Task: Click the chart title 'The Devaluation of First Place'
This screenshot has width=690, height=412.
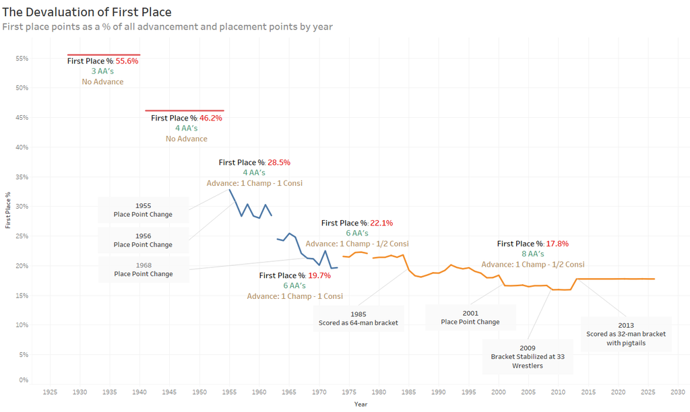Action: click(87, 12)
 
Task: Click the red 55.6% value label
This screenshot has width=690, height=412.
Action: click(127, 61)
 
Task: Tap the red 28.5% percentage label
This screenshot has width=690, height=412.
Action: click(278, 162)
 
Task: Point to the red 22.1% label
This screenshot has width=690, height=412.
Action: click(381, 223)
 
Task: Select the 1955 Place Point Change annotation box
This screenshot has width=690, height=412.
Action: click(143, 210)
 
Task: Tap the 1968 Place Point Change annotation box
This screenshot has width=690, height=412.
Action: click(144, 269)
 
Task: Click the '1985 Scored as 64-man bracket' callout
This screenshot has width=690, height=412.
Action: click(358, 318)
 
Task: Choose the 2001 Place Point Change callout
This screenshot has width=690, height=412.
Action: click(470, 317)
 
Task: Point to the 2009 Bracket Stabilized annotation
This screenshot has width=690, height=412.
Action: click(528, 356)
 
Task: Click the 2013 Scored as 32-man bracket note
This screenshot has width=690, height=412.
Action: click(625, 334)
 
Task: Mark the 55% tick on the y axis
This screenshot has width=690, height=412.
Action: click(22, 59)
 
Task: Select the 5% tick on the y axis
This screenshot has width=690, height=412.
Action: click(24, 355)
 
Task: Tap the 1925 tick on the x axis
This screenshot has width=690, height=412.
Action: click(50, 391)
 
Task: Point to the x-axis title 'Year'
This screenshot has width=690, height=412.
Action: click(361, 404)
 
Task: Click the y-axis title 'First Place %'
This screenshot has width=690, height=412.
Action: click(7, 210)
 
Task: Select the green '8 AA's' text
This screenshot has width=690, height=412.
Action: click(532, 254)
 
